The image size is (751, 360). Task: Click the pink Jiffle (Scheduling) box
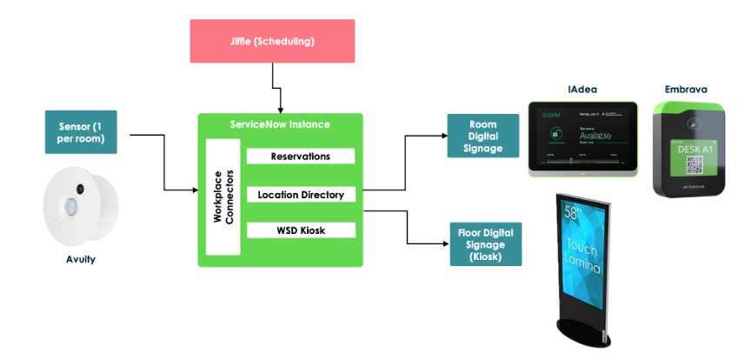point(272,40)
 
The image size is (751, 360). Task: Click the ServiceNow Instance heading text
point(280,124)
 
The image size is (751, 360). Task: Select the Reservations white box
point(301,157)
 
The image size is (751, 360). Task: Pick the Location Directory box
point(301,195)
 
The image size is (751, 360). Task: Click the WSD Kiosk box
point(301,230)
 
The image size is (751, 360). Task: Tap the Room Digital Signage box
point(482,137)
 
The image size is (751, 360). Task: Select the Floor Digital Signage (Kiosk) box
point(484,244)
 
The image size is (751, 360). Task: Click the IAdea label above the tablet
point(582,89)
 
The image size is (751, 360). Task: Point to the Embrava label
point(687,89)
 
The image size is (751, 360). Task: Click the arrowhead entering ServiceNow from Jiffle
point(280,110)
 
